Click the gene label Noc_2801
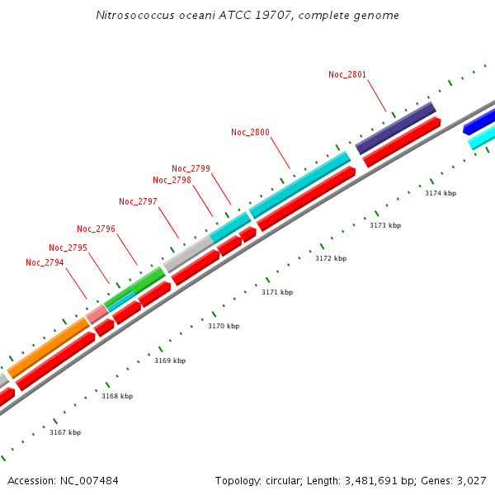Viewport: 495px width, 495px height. [x=346, y=74]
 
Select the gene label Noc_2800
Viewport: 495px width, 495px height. [x=250, y=132]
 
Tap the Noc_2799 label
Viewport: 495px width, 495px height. [x=191, y=168]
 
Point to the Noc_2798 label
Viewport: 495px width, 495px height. [x=172, y=180]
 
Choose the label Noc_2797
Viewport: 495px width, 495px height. [x=138, y=201]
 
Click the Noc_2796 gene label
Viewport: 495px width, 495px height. [x=96, y=229]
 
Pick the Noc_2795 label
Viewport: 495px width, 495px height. [x=68, y=247]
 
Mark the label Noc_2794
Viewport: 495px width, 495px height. [x=45, y=262]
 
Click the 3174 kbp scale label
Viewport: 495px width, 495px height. [x=441, y=193]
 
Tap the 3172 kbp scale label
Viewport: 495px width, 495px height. [x=331, y=258]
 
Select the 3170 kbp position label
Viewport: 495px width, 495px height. [x=223, y=326]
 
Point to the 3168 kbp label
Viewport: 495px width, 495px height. [x=117, y=396]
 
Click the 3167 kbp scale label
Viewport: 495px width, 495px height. [x=65, y=432]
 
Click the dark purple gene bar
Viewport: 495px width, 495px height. [x=395, y=128]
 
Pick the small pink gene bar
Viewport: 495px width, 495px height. [x=97, y=313]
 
